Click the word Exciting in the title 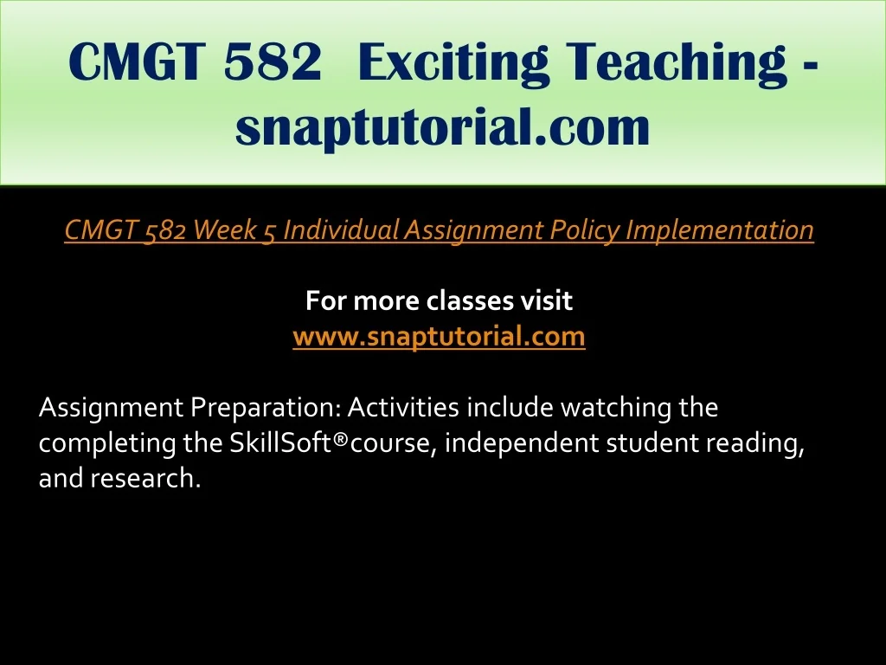[x=453, y=62]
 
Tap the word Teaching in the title [x=677, y=62]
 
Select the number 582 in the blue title [x=273, y=61]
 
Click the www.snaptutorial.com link [x=439, y=337]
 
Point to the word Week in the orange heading [x=224, y=229]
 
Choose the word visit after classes [x=547, y=300]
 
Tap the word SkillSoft [x=280, y=442]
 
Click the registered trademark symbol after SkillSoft [x=340, y=438]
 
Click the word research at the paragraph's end [x=145, y=478]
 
